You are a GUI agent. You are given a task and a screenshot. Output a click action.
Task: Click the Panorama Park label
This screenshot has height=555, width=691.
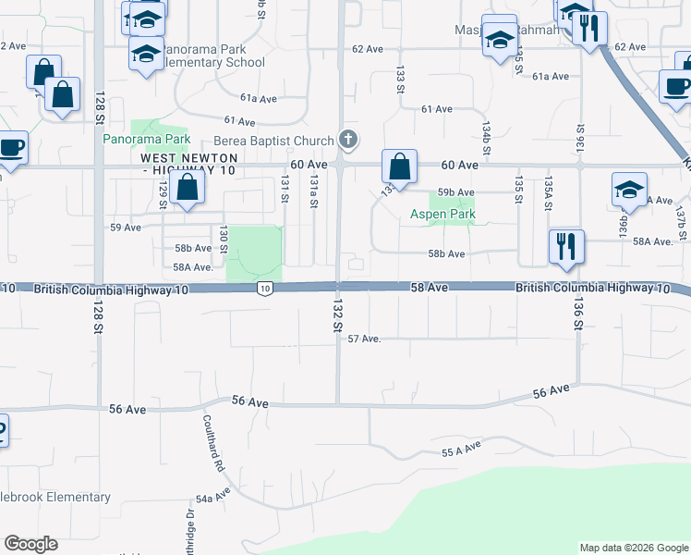[x=146, y=140]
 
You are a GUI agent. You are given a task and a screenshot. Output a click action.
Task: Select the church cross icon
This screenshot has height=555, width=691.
[x=348, y=140]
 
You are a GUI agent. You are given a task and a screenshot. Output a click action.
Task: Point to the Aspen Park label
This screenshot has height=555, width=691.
[x=442, y=215]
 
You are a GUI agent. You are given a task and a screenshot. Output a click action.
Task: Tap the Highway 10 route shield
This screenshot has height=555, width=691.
[x=265, y=290]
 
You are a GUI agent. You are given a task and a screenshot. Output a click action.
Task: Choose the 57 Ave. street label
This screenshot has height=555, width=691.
[x=364, y=339]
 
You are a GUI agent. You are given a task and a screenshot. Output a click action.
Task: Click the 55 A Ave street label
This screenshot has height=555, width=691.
[x=462, y=450]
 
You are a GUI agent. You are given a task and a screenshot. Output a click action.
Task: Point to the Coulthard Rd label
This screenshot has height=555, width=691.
[x=209, y=442]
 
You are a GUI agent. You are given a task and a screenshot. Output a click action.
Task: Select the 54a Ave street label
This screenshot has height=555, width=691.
[x=217, y=498]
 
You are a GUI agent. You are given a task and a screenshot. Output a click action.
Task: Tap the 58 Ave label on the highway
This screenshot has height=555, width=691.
[x=430, y=289]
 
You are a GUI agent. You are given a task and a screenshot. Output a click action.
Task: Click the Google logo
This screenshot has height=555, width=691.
[x=30, y=544]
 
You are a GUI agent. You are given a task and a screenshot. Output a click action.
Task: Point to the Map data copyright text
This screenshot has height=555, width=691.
[x=633, y=548]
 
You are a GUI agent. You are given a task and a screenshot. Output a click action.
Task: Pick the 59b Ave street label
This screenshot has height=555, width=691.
[x=456, y=192]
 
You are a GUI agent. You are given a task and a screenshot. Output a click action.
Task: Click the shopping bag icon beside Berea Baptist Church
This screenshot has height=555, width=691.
[x=399, y=167]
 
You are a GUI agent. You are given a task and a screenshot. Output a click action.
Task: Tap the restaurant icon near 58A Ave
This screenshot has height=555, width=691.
[x=566, y=247]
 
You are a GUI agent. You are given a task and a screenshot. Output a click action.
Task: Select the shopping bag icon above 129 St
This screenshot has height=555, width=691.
[x=187, y=189]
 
